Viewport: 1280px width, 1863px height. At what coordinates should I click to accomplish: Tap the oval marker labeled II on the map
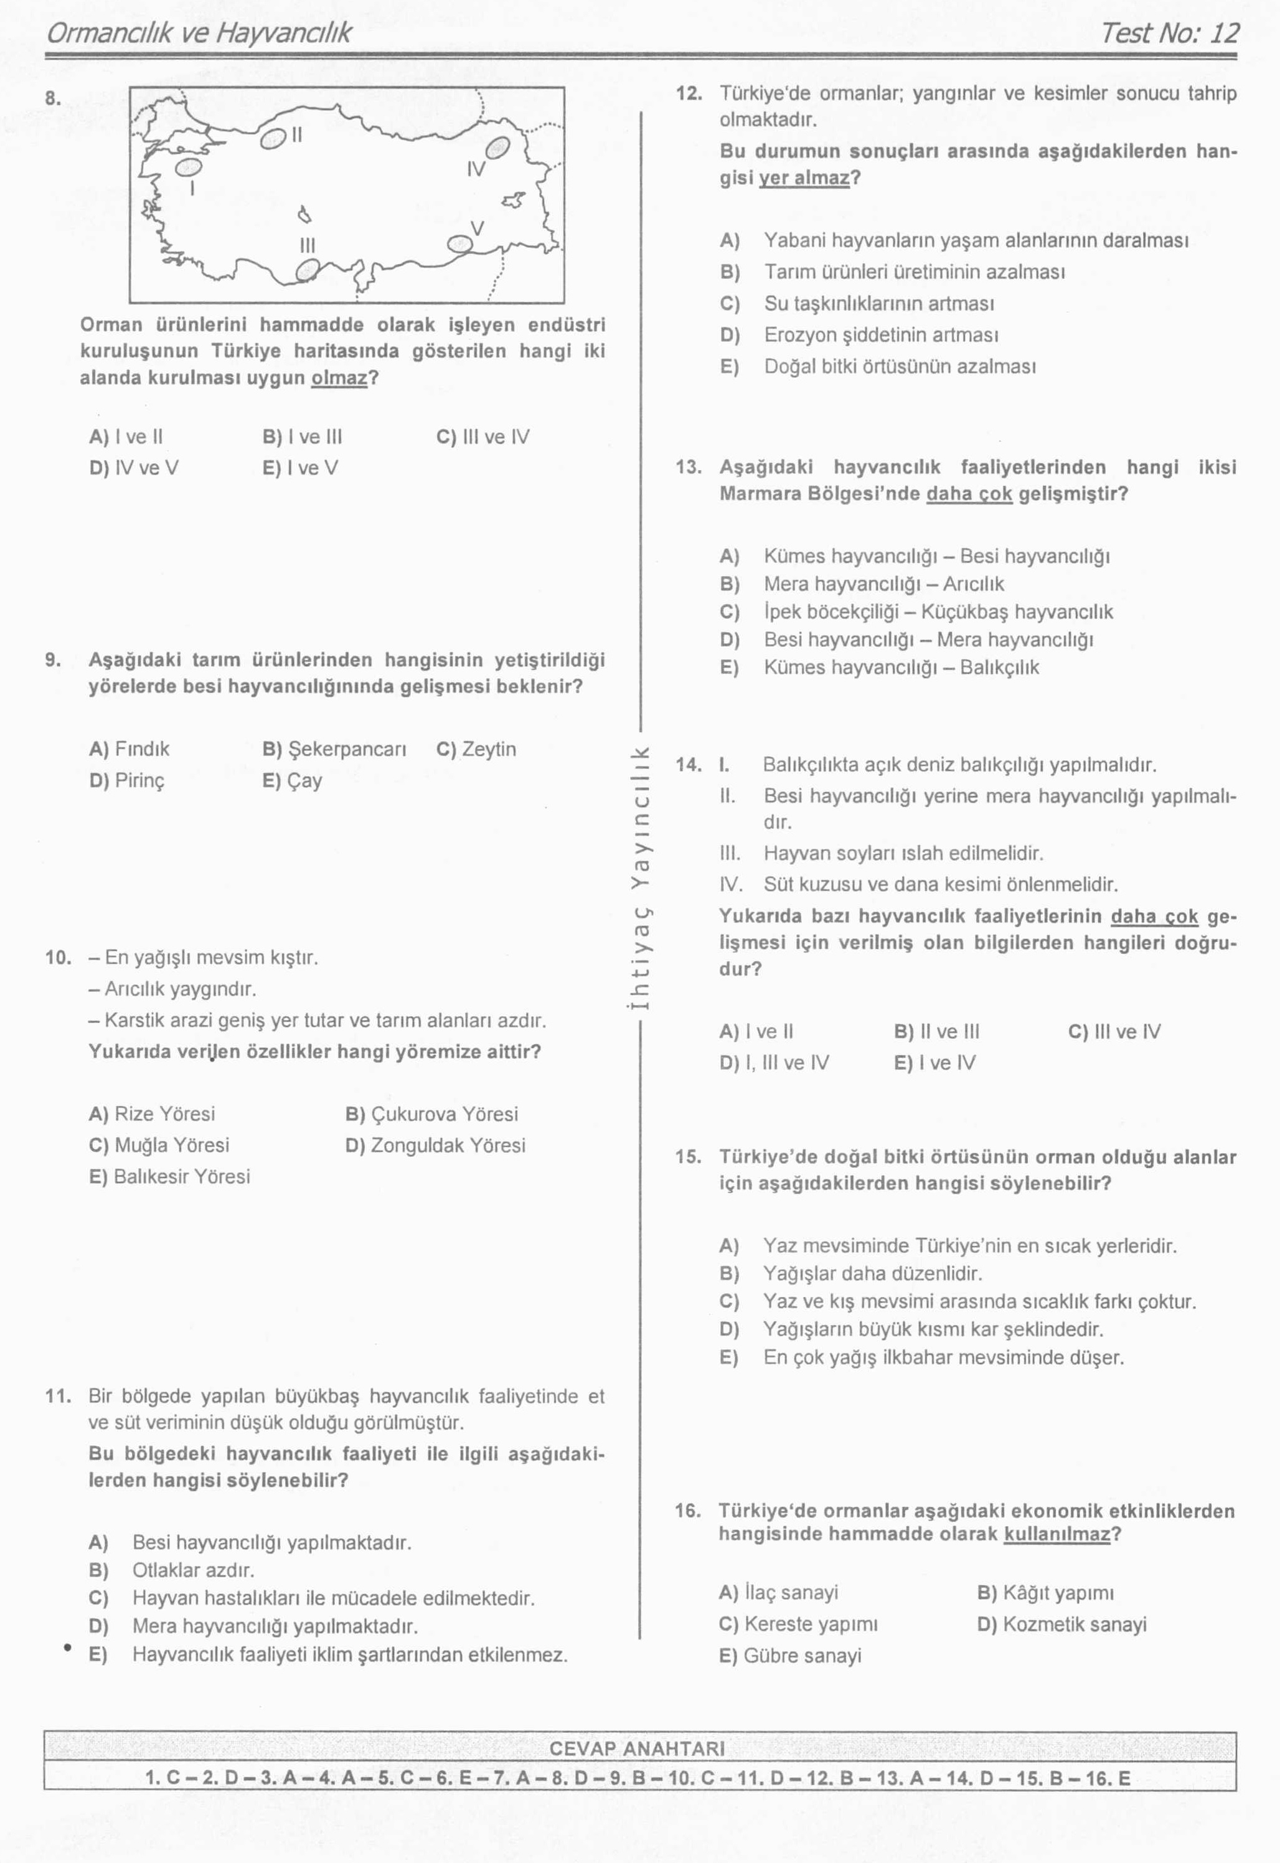[273, 139]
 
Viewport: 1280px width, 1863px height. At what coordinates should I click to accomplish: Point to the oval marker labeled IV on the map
[498, 148]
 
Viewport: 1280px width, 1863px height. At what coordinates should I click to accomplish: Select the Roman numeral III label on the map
[307, 245]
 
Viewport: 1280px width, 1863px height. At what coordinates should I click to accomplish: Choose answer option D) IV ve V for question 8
[134, 468]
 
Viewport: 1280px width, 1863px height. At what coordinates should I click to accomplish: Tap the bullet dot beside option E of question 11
[68, 1648]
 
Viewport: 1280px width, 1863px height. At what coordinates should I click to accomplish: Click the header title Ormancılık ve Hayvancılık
[199, 33]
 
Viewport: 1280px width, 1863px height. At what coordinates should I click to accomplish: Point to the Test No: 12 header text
[1169, 33]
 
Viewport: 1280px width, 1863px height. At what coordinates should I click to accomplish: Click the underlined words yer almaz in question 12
[804, 178]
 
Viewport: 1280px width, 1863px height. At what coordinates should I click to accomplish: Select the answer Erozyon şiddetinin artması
[880, 335]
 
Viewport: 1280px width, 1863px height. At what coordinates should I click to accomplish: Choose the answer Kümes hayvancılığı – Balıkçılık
[901, 667]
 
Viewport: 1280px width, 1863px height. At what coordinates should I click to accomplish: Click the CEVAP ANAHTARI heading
[637, 1749]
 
